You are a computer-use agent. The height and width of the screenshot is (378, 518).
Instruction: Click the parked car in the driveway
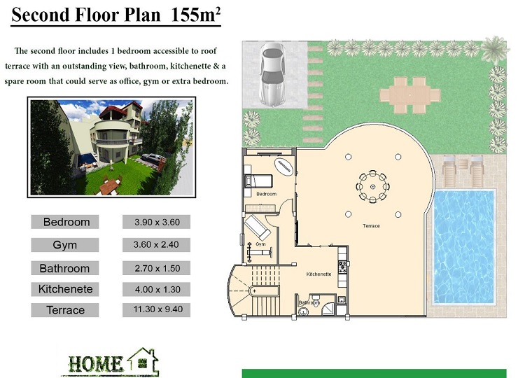272,75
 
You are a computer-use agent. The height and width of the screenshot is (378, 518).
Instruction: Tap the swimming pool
464,247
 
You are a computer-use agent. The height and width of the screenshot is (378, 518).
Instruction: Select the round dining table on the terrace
372,187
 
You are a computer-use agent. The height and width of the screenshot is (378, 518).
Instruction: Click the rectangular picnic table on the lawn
409,95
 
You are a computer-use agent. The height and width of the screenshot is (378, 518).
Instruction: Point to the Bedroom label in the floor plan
266,194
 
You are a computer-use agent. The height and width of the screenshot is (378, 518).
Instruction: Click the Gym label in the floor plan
260,244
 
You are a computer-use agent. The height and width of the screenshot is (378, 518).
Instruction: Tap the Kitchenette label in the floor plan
318,274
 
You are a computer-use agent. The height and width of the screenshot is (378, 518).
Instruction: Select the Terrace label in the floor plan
371,226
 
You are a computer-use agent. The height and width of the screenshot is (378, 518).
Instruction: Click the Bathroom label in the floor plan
309,302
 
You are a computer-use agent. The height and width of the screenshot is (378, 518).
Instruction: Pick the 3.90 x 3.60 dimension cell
157,222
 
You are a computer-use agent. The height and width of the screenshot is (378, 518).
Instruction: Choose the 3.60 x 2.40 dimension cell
156,245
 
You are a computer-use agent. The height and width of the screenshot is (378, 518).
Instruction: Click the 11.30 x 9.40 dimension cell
157,310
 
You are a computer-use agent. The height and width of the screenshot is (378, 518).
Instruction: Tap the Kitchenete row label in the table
65,289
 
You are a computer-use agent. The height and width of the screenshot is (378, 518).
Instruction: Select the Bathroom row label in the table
64,268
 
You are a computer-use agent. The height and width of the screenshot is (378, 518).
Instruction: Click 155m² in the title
196,15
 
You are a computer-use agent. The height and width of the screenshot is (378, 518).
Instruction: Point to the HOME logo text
95,364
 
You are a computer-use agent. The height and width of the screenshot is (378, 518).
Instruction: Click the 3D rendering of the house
112,148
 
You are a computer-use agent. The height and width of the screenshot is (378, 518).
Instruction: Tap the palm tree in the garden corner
494,50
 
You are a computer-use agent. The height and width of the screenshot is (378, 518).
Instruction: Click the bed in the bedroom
258,181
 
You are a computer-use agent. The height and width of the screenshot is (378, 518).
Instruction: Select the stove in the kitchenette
342,267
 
